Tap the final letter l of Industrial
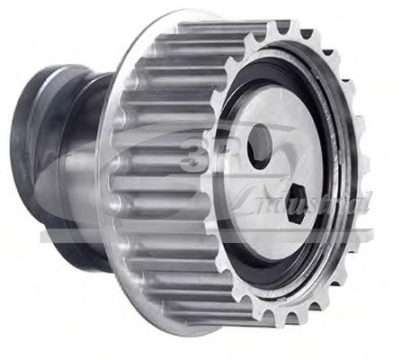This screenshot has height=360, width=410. [x=368, y=208]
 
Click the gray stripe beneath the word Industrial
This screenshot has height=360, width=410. [x=225, y=238]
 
